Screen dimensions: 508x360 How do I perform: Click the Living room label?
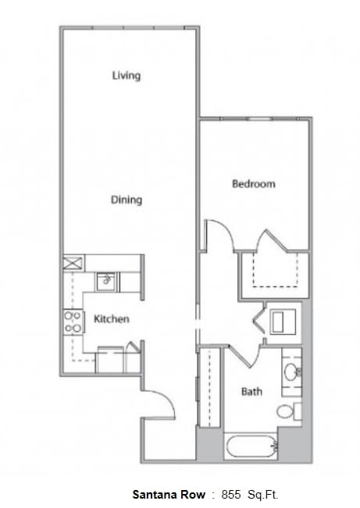point(126,76)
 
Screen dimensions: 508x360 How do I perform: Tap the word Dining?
point(126,200)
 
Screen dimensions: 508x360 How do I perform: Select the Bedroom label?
point(254,184)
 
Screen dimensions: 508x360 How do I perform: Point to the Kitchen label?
point(112,319)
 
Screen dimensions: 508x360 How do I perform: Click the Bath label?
point(251,391)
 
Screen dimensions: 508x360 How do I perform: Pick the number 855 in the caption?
point(233,495)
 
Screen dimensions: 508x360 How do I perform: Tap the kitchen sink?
point(106,280)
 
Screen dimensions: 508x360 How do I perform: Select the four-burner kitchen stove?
point(73,321)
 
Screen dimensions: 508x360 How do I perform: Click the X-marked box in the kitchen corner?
point(73,263)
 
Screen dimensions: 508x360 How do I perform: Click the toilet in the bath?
point(289,411)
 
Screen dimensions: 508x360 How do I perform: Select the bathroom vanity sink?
point(293,371)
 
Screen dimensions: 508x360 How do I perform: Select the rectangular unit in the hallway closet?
point(283,321)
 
